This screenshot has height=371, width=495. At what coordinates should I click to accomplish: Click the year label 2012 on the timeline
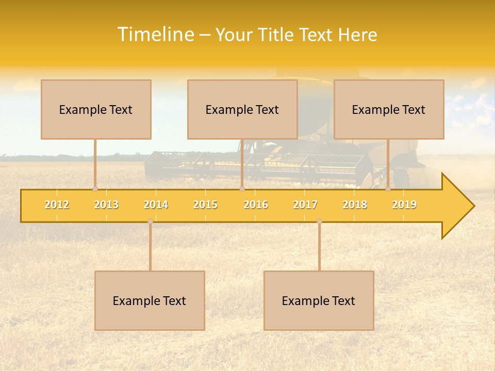point(57,205)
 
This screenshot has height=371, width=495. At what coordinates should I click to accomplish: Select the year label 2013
point(106,205)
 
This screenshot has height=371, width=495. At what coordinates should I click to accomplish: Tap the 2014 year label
point(156,205)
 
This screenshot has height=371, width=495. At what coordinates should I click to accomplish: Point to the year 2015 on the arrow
point(205,205)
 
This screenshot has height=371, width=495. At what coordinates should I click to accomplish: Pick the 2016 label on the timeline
point(256,205)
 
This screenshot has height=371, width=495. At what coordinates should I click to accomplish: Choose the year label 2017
point(305,205)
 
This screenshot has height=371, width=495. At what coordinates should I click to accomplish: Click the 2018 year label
point(355,205)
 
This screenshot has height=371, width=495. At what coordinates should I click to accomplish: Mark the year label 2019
point(404,205)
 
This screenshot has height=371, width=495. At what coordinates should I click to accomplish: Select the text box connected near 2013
point(96,109)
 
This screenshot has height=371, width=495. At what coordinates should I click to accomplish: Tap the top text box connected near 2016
point(242,109)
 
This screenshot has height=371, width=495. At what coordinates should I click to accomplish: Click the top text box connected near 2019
point(389,109)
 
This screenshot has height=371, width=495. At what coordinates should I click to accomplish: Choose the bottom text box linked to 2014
point(150,300)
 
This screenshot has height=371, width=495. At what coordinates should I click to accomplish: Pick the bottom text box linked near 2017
point(319,300)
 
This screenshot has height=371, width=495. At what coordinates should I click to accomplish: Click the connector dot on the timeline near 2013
point(95,189)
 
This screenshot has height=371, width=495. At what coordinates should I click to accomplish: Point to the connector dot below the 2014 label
point(150,221)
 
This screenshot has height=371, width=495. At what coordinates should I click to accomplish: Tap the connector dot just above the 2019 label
point(388,189)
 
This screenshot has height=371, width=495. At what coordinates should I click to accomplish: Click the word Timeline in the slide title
point(155,35)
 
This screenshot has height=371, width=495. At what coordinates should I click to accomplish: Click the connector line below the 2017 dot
point(319,247)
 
